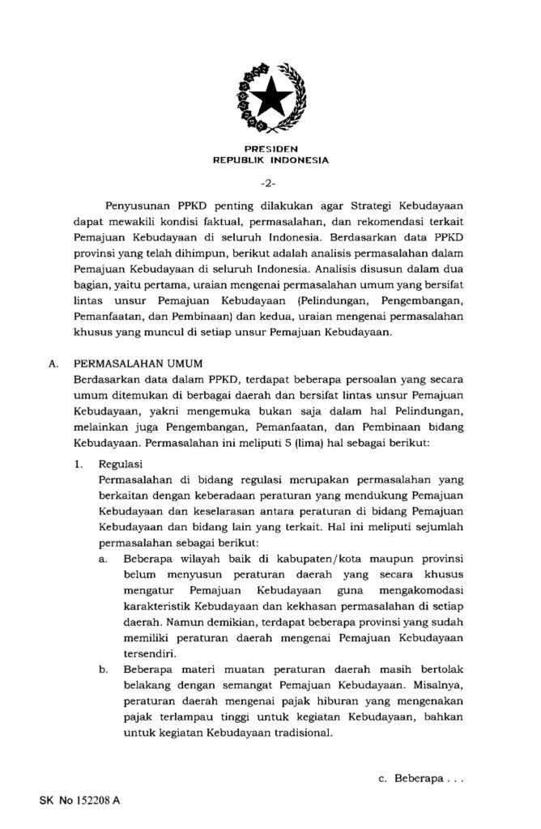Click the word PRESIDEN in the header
(x=270, y=149)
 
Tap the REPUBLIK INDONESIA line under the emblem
(x=270, y=160)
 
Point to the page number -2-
(x=270, y=182)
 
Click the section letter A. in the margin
(x=53, y=363)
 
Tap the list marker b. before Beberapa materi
(x=104, y=669)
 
